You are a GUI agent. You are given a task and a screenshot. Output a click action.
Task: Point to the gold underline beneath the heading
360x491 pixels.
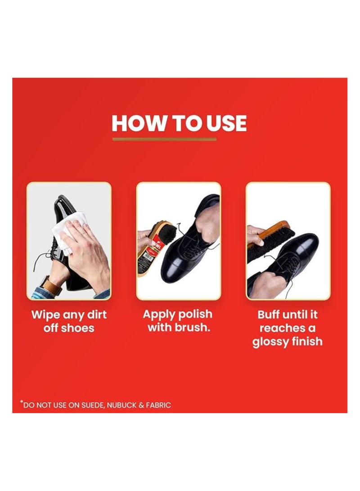pyautogui.click(x=164, y=139)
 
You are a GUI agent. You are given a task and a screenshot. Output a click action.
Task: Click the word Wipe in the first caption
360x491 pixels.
pyautogui.click(x=45, y=315)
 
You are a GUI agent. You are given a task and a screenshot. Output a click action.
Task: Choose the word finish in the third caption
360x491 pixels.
pyautogui.click(x=306, y=341)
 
